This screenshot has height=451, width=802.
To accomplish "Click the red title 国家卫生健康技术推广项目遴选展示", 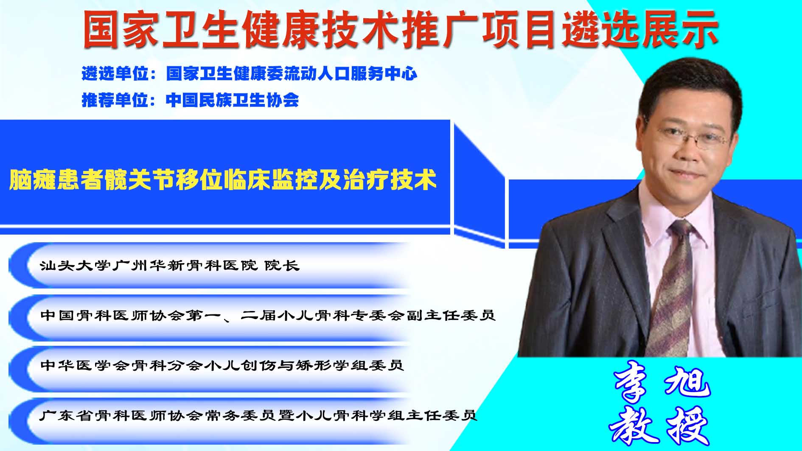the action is [x=400, y=29].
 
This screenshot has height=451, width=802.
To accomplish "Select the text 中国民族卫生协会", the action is [x=232, y=100].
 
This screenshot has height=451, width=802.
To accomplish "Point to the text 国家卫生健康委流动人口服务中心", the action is [x=292, y=74].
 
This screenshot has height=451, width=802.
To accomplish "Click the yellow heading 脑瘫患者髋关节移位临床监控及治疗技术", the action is [x=223, y=179].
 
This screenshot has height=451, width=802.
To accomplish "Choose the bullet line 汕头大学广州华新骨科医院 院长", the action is [x=170, y=266].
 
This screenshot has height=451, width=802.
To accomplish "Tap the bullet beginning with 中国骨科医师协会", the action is [x=268, y=316].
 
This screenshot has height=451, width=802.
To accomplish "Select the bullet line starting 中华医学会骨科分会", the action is [x=222, y=365].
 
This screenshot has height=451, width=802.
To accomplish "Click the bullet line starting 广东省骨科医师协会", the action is [x=258, y=415].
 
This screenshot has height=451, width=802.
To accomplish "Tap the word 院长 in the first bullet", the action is [x=282, y=266].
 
